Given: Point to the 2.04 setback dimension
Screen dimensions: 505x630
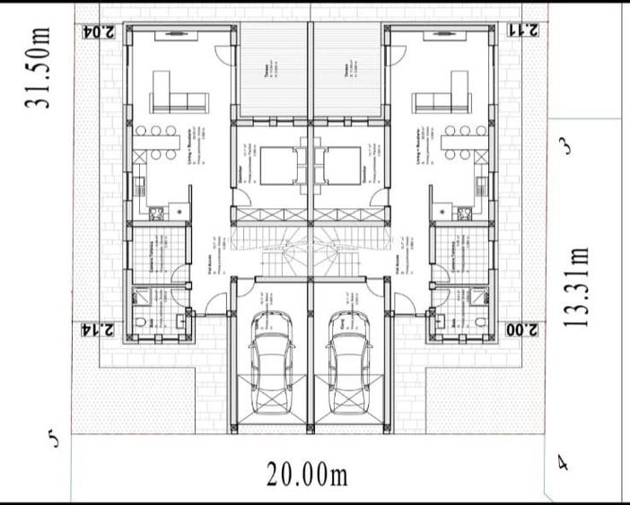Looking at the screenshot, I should (99, 30).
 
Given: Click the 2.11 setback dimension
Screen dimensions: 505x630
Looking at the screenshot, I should (522, 30).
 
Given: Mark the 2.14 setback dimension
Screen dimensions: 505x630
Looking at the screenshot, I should (98, 329).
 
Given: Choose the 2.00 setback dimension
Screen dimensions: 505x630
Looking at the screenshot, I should (522, 329).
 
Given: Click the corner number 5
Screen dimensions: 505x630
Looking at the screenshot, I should (54, 440).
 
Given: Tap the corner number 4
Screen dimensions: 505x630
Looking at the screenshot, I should (563, 464).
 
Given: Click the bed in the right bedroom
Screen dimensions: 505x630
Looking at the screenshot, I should (341, 166).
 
